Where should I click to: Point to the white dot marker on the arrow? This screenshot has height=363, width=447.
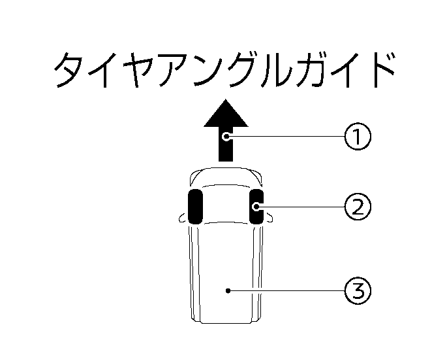pyautogui.click(x=226, y=136)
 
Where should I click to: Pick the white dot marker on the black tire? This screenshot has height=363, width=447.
pyautogui.click(x=256, y=207)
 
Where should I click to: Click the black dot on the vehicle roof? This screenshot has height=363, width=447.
pyautogui.click(x=228, y=290)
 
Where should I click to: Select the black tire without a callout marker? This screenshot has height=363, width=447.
pyautogui.click(x=195, y=207)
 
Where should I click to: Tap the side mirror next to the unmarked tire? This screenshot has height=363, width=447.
pyautogui.click(x=183, y=218)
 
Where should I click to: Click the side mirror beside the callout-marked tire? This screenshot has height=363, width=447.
pyautogui.click(x=268, y=218)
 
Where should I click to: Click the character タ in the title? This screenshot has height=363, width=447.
pyautogui.click(x=69, y=70)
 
